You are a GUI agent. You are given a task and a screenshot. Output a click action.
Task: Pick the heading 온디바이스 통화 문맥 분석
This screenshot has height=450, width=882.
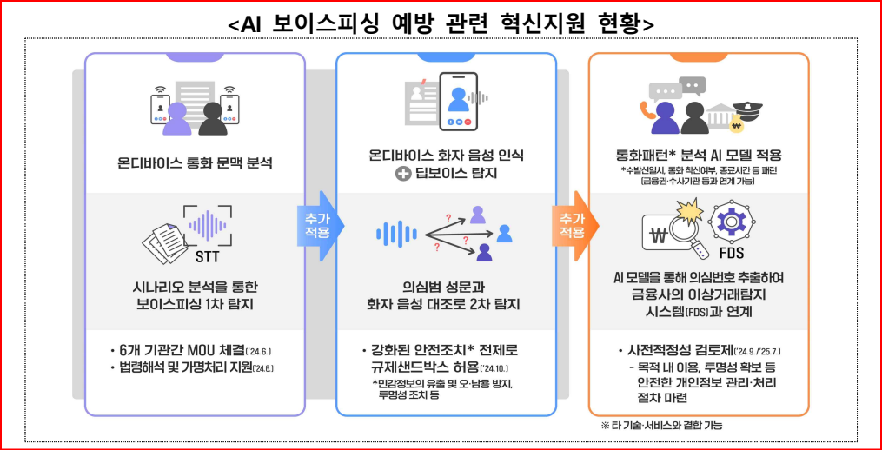coord(195,162)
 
